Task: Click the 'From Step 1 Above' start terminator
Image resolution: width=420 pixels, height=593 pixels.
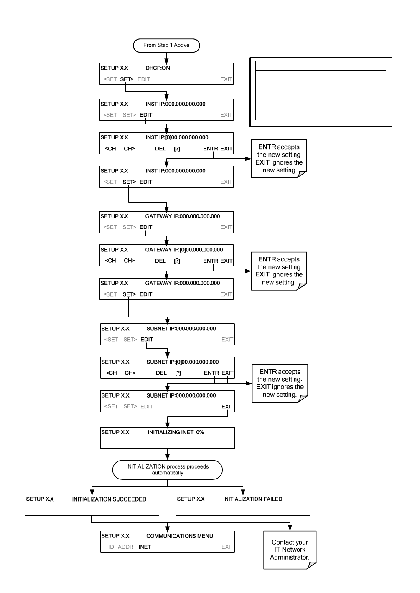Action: [x=166, y=46]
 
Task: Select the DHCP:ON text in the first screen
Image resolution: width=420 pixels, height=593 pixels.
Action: [x=158, y=68]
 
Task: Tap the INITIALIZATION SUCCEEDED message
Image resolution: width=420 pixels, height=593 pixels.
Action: [x=109, y=499]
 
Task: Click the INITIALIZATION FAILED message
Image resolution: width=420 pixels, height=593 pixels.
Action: [x=252, y=499]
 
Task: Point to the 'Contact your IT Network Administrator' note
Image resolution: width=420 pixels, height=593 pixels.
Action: [x=290, y=550]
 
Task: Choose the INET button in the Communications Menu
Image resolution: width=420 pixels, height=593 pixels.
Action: [x=145, y=547]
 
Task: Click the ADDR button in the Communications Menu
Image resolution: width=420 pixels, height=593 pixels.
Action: [x=125, y=547]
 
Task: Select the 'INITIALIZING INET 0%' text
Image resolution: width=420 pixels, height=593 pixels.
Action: [x=176, y=432]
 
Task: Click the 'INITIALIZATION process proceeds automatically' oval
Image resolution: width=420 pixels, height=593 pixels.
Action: [x=168, y=470]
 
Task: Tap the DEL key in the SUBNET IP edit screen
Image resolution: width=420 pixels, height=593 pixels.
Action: [x=161, y=373]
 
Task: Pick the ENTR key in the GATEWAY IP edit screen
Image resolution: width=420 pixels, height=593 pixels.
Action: [x=210, y=261]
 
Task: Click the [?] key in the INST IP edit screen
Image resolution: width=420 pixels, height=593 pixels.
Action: [x=177, y=149]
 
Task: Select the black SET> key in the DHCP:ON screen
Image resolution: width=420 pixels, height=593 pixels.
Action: [x=127, y=79]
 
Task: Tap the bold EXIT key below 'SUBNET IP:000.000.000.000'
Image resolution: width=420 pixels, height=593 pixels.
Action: [x=227, y=406]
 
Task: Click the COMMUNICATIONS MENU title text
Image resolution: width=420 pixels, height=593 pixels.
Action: [x=180, y=536]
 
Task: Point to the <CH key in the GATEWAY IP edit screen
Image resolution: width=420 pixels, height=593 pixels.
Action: [x=110, y=261]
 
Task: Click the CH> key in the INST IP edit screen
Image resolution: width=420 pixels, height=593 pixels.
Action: [x=129, y=149]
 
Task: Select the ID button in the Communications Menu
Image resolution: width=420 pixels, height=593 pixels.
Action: [x=111, y=547]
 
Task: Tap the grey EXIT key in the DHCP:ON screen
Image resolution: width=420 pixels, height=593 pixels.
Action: [x=226, y=79]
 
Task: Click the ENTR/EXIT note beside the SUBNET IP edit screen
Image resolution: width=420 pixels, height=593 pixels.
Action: [x=280, y=383]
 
